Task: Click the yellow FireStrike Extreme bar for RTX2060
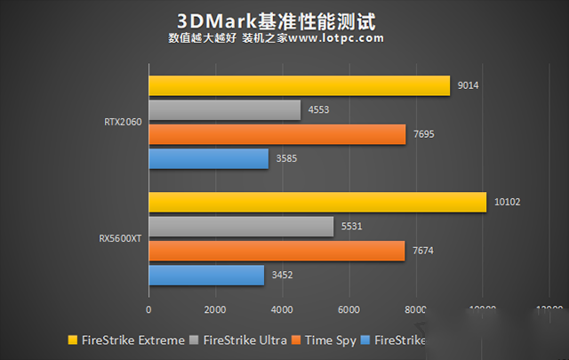(299, 85)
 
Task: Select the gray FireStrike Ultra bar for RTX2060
(224, 109)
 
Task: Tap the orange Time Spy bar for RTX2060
(276, 134)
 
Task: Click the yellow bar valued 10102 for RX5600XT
(317, 202)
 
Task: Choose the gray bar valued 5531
(240, 227)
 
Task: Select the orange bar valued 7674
(276, 252)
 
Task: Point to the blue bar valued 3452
(205, 276)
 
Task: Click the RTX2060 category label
(120, 123)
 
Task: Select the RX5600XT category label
(118, 239)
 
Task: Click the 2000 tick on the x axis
(215, 310)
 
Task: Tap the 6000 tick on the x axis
(349, 310)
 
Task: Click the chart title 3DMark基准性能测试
(276, 18)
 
